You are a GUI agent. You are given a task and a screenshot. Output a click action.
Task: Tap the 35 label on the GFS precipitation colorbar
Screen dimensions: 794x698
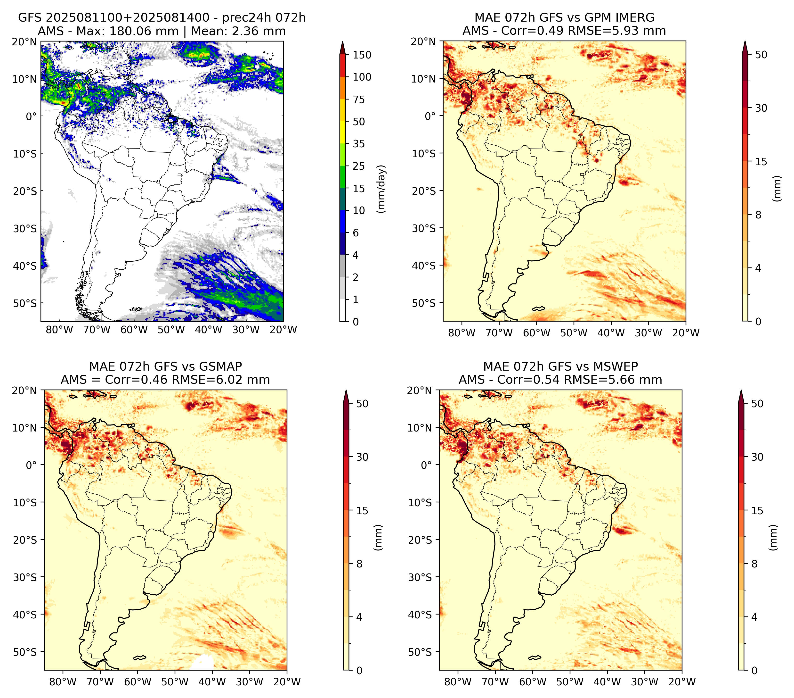(358, 144)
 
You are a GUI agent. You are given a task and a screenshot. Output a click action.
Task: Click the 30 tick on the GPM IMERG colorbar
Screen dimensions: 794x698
(761, 108)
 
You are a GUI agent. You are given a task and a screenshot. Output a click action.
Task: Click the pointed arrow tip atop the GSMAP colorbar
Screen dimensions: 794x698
(346, 391)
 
